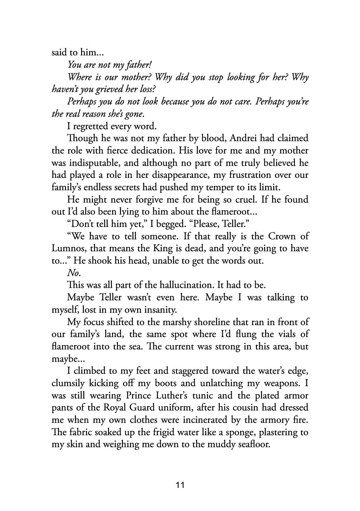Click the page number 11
[180, 485]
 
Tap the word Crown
[268, 237]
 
